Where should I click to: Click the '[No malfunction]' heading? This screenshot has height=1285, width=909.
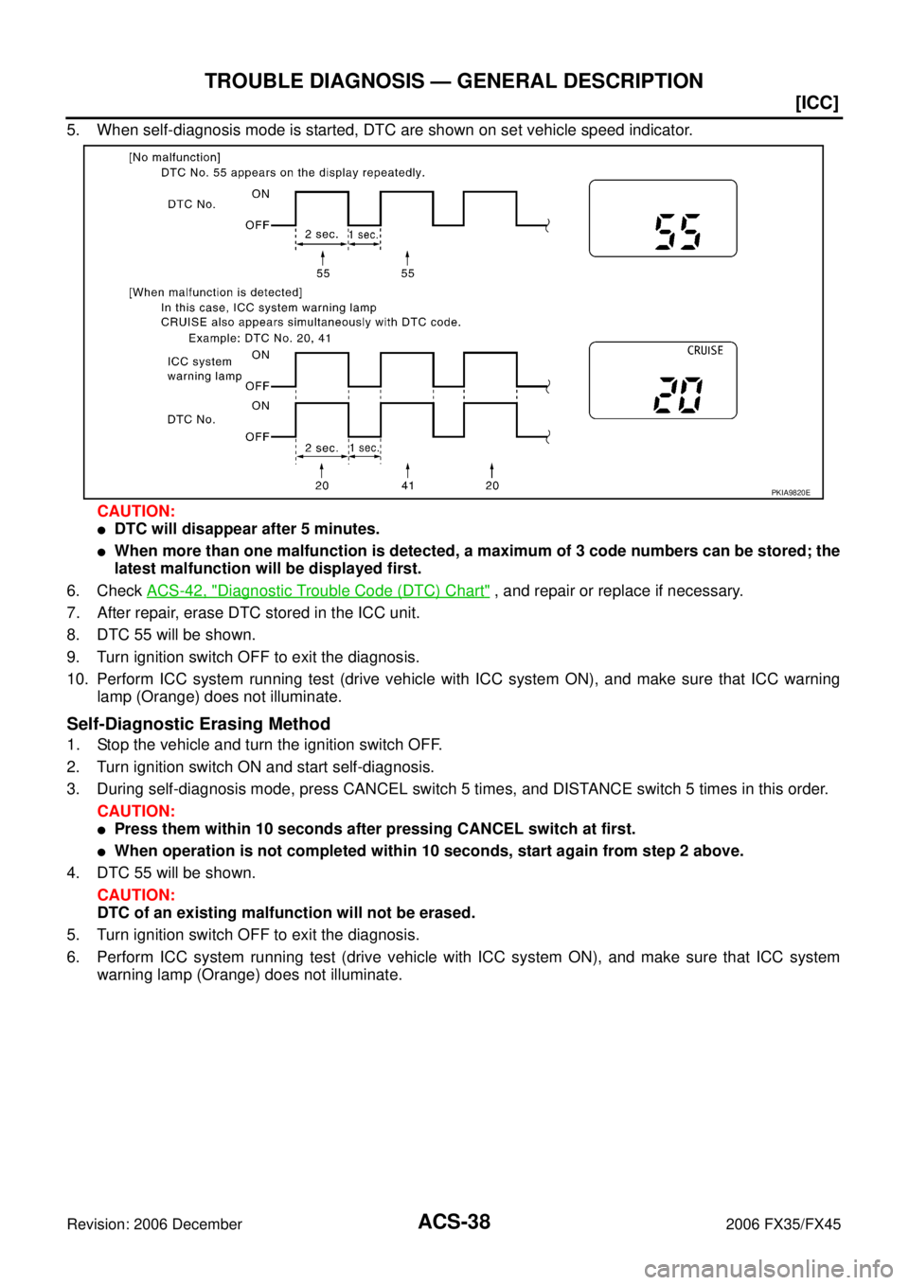174,158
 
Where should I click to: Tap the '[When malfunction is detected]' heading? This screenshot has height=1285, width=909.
215,292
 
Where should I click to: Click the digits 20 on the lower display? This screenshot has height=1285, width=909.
678,395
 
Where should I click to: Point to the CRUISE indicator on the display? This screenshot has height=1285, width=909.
704,351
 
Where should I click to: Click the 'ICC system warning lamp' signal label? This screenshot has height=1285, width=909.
204,369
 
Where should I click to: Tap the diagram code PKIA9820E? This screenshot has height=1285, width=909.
790,492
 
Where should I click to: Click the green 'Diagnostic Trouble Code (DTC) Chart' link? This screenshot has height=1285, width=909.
317,590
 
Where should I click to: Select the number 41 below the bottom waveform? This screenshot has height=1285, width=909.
407,485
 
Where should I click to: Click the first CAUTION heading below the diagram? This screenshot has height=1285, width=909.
136,511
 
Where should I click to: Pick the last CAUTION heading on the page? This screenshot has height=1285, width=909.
136,894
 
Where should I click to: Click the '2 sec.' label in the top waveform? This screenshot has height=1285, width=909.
321,235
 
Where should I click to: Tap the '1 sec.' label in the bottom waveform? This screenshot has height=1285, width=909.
364,449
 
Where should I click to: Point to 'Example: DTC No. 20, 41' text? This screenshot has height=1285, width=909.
259,338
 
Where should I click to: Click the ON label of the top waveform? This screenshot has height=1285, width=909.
260,194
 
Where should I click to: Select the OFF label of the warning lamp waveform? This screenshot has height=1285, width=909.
257,386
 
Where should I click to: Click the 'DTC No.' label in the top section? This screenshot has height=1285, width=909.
191,204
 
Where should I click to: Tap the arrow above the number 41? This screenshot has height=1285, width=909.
407,469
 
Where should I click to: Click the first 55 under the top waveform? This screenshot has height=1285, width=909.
323,273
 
